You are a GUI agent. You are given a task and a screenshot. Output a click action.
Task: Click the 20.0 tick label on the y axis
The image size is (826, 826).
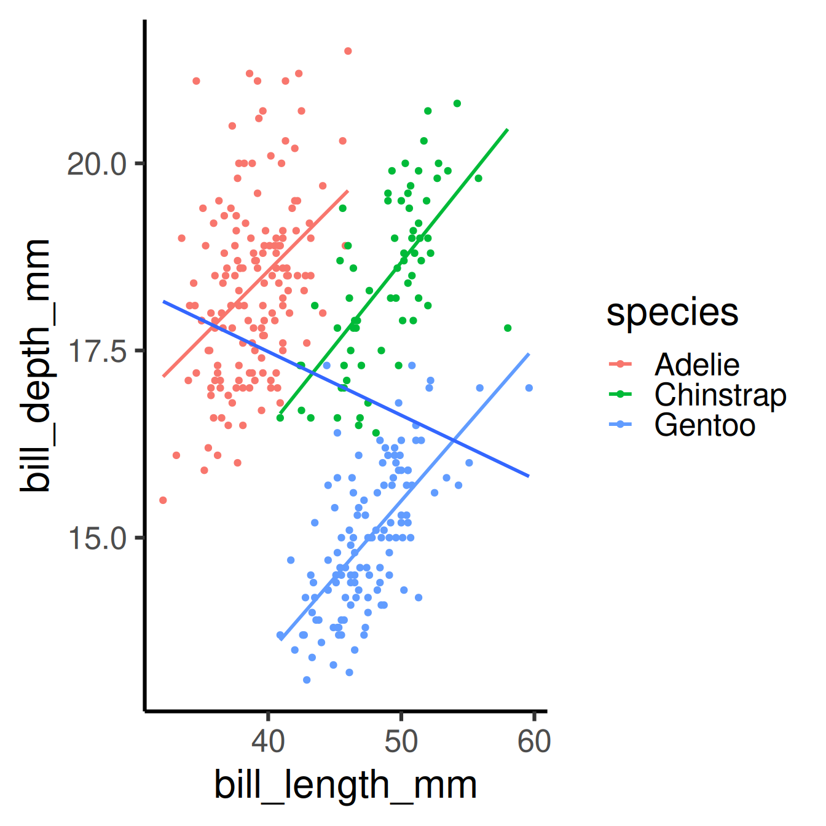[96, 164]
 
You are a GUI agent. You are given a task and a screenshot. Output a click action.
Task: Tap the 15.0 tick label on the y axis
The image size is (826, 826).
[97, 538]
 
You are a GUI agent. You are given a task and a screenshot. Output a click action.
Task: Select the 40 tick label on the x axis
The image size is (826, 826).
[268, 741]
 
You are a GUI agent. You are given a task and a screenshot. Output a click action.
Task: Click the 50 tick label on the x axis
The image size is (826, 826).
[401, 741]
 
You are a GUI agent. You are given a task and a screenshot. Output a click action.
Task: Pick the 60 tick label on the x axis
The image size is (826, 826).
[533, 741]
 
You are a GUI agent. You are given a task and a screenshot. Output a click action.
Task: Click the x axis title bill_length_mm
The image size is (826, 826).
[345, 785]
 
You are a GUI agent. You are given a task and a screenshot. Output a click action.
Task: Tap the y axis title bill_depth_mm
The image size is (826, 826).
[34, 366]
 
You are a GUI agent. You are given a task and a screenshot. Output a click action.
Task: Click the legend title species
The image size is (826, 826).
[672, 313]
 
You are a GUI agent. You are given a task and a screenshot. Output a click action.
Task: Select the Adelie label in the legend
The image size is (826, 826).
[696, 365]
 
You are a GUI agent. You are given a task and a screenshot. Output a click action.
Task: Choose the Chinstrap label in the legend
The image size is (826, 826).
[720, 395]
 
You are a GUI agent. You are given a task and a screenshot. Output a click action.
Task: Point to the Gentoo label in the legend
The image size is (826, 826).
[704, 425]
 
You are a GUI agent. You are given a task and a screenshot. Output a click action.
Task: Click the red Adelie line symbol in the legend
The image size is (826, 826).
[620, 364]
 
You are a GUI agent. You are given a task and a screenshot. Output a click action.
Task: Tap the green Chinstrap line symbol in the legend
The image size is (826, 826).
[620, 395]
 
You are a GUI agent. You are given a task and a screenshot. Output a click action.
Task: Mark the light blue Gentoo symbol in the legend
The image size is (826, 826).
[620, 425]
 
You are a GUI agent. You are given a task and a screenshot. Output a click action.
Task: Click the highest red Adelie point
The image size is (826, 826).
[348, 51]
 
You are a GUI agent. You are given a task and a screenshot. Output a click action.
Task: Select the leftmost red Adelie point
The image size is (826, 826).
[163, 500]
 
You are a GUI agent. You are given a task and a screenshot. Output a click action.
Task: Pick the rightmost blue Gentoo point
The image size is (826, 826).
[529, 388]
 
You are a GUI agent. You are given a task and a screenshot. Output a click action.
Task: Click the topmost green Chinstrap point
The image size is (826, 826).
[457, 103]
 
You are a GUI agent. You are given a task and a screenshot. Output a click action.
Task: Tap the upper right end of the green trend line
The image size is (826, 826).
[506, 130]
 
